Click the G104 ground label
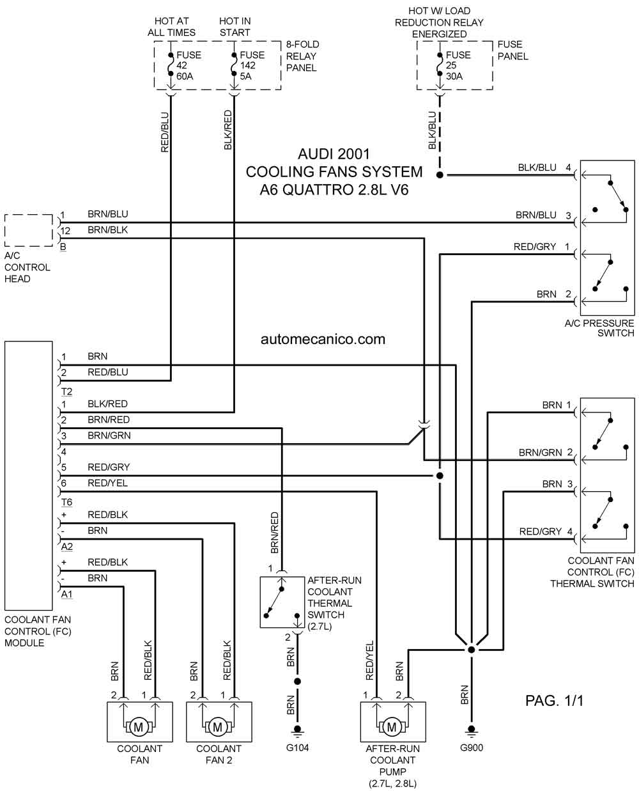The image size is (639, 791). [297, 748]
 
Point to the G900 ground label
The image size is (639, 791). [471, 748]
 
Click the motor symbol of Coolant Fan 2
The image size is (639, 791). [217, 726]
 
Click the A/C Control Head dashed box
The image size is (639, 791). [29, 230]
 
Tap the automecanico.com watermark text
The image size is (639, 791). [323, 340]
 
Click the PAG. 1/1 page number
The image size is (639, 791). [555, 701]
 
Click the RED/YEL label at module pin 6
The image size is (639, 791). [107, 483]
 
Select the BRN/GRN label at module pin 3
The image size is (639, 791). [109, 435]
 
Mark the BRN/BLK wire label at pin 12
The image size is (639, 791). [107, 230]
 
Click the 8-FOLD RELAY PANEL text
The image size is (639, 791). [302, 56]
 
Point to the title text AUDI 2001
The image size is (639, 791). [334, 154]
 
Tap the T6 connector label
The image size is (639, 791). [66, 502]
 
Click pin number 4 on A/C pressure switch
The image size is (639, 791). [567, 168]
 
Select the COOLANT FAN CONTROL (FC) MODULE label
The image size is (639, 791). [38, 631]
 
